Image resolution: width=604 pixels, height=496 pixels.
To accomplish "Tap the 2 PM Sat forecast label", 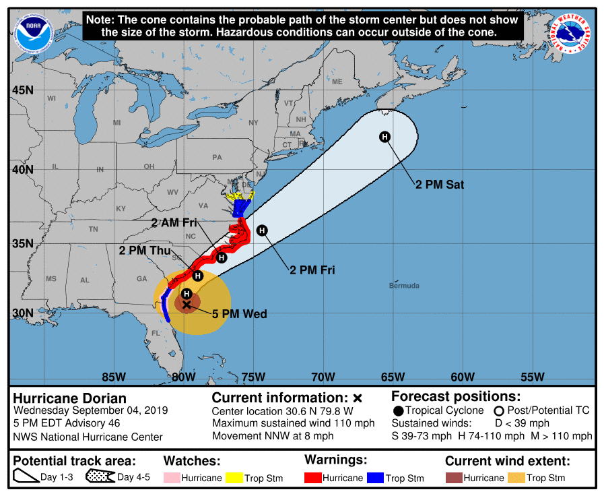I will pyautogui.click(x=440, y=184).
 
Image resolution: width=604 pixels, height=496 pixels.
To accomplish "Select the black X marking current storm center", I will pyautogui.click(x=187, y=305).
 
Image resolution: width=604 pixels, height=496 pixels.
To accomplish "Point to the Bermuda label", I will pyautogui.click(x=404, y=286).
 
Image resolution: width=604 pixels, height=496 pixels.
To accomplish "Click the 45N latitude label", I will pyautogui.click(x=22, y=90).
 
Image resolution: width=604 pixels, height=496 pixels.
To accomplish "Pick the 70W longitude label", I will pyautogui.click(x=323, y=376).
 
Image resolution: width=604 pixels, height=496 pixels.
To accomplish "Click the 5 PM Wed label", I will pyautogui.click(x=239, y=314).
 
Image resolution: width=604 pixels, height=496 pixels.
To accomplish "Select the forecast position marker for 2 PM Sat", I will pyautogui.click(x=384, y=137).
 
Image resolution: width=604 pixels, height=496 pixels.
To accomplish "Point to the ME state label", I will pyautogui.click(x=337, y=82).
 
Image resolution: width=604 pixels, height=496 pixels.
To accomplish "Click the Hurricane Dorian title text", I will pyautogui.click(x=70, y=398).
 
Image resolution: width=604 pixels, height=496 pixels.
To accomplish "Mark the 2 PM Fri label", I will pyautogui.click(x=312, y=270).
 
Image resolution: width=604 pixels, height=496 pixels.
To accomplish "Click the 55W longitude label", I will pyautogui.click(x=532, y=376).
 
